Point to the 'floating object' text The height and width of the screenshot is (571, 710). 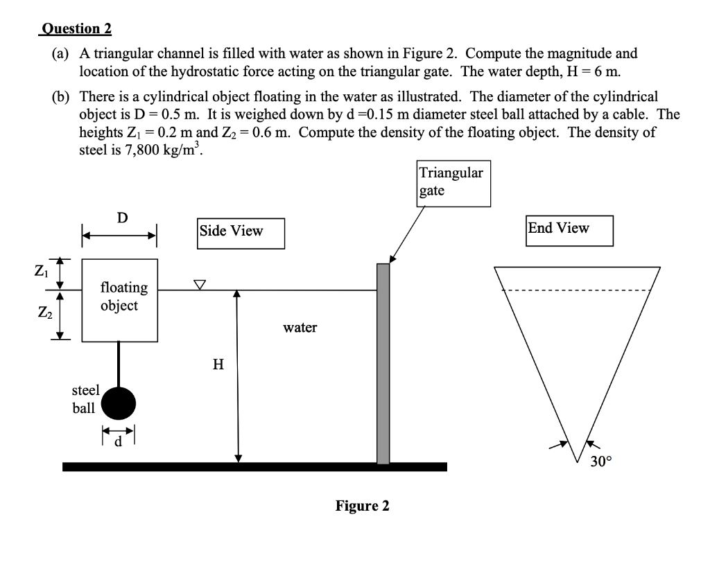coord(123,296)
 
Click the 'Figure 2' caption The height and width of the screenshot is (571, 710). coord(362,506)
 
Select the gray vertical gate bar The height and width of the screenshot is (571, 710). coord(383,364)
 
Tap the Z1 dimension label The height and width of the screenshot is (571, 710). coord(40,271)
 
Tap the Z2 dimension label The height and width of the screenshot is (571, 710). coord(40,313)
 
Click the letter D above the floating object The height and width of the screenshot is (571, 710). coord(122,218)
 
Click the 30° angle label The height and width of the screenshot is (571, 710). coord(600,462)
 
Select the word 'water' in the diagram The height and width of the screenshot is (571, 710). coord(300,328)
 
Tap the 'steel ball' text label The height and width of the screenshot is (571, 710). coord(85,399)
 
